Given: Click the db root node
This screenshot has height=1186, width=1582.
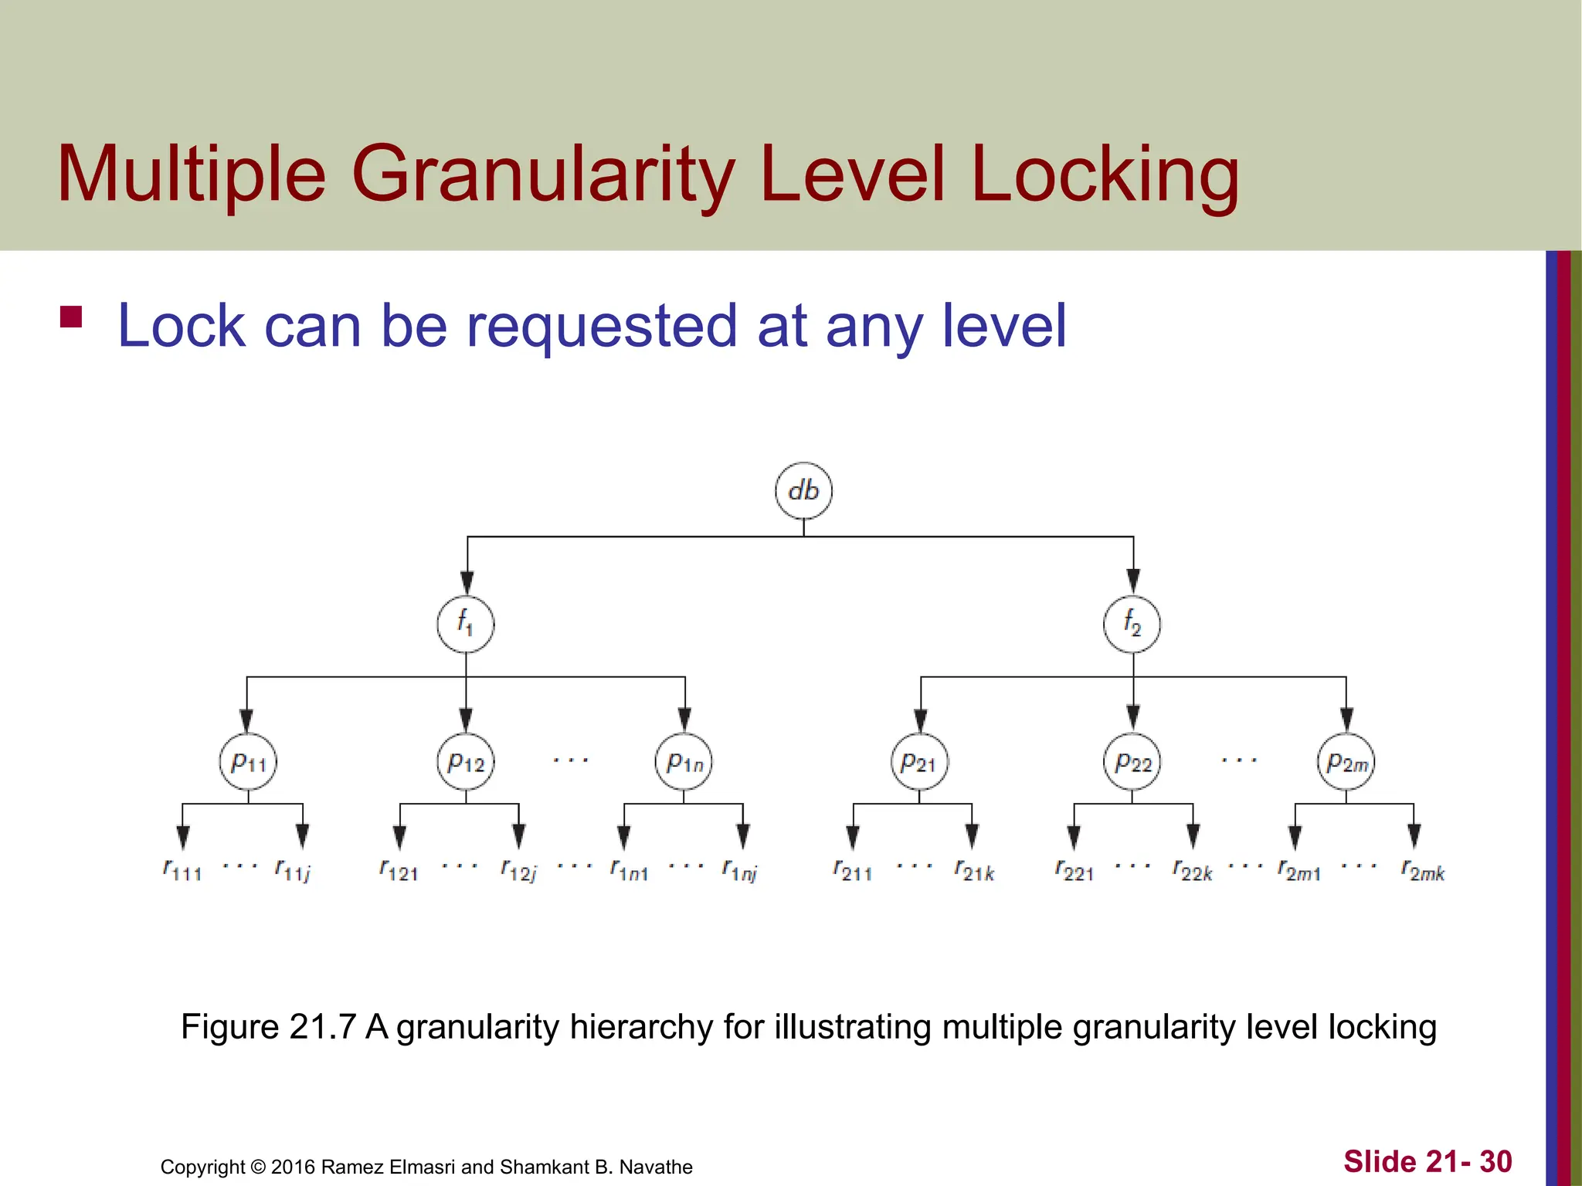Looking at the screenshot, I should coord(803,491).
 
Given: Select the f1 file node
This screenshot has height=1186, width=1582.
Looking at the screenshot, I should coord(466,624).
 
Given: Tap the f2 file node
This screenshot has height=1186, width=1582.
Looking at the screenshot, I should coord(1132,624).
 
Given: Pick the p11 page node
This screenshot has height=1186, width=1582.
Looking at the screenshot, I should coord(248,762).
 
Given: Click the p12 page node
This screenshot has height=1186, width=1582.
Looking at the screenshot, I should coord(466,762).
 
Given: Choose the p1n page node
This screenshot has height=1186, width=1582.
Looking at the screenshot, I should coord(684,762).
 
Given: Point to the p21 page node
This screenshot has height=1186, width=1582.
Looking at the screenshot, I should coord(919,762).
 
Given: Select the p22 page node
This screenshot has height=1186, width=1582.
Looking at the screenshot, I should coord(1132,762).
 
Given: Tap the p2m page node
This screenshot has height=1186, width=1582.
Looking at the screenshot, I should coord(1346,762).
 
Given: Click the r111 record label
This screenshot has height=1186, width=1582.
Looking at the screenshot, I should coord(182,870).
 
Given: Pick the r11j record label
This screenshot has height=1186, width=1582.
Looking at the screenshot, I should coord(293,870).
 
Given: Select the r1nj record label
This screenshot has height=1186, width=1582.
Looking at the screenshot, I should coord(740,870).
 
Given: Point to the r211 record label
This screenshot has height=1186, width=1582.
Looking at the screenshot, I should coord(853,870).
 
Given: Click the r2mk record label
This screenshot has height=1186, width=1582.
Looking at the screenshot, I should coord(1423,870).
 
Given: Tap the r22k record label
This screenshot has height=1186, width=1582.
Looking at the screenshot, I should coord(1193,870).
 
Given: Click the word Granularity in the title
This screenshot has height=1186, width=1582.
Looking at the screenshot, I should coord(542,175).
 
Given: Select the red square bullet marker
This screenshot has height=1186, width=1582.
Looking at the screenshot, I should coord(71,317).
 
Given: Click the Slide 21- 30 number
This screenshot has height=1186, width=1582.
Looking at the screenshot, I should coord(1428,1161).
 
